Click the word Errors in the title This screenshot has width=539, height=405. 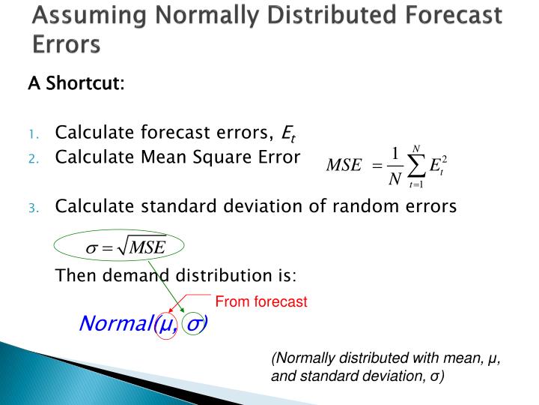click(x=66, y=44)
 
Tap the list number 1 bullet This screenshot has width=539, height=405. click(x=34, y=135)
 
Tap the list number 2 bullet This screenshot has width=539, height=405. click(x=34, y=158)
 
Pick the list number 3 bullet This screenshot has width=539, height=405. click(x=34, y=208)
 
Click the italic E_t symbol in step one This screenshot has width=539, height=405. click(x=288, y=135)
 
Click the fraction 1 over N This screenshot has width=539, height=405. click(x=395, y=166)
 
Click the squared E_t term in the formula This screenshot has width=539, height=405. click(x=438, y=166)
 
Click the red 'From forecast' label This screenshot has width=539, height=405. click(x=261, y=301)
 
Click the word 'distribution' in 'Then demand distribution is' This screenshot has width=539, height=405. click(x=217, y=275)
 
